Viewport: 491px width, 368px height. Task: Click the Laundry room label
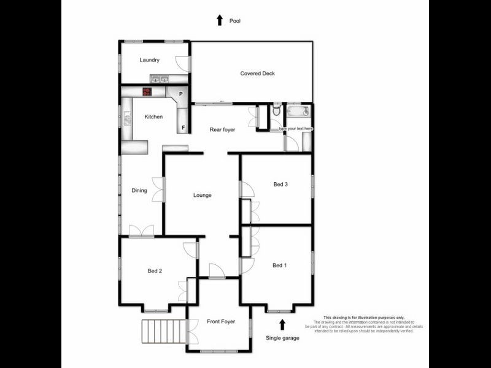(150, 60)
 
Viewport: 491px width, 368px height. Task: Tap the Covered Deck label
(257, 74)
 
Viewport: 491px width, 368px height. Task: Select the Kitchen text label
(153, 117)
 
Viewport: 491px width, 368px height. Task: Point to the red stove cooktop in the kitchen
(147, 92)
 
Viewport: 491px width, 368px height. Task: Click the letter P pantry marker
(180, 94)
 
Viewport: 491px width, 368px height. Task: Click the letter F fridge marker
(182, 128)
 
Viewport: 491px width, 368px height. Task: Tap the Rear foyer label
(222, 129)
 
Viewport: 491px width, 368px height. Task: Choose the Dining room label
(139, 190)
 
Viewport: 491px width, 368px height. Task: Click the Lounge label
(203, 196)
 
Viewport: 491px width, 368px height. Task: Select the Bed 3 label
(280, 184)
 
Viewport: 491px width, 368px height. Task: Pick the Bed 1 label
(279, 266)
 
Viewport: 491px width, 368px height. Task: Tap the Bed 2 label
(155, 270)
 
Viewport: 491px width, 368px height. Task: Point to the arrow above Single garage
(282, 324)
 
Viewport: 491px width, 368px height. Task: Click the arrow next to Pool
(219, 20)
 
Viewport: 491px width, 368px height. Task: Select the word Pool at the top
(235, 21)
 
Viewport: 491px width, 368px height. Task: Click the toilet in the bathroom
(277, 110)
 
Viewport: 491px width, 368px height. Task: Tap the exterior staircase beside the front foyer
(164, 332)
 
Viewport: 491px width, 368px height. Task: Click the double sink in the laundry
(160, 79)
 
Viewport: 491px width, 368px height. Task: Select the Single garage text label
(282, 338)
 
